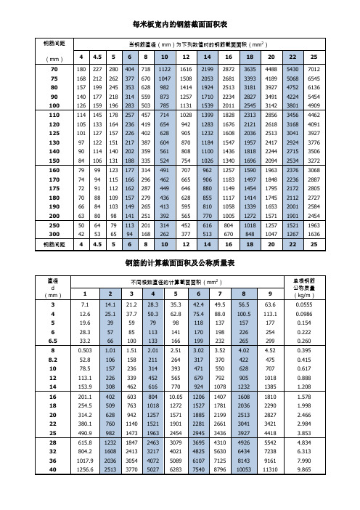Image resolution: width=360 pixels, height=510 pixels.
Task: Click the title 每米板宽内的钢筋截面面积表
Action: [180, 25]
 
